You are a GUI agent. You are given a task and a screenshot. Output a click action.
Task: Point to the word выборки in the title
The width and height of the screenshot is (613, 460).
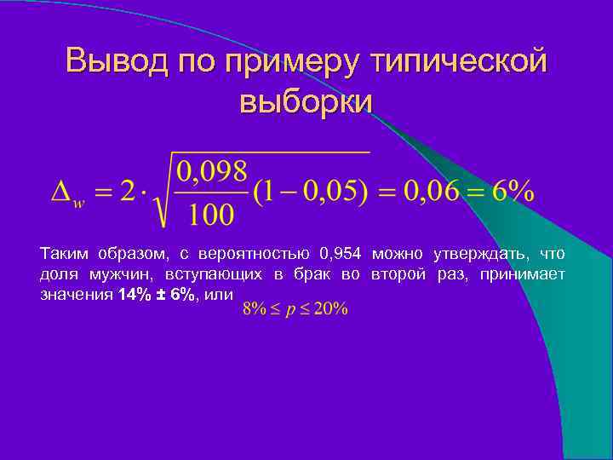tap(306, 101)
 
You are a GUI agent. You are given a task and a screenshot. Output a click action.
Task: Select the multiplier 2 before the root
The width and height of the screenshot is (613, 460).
tap(128, 192)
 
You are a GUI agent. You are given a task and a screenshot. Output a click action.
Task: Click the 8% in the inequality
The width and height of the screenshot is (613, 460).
tap(254, 308)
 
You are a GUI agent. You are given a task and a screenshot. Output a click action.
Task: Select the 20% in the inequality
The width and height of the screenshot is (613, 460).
tap(331, 308)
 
